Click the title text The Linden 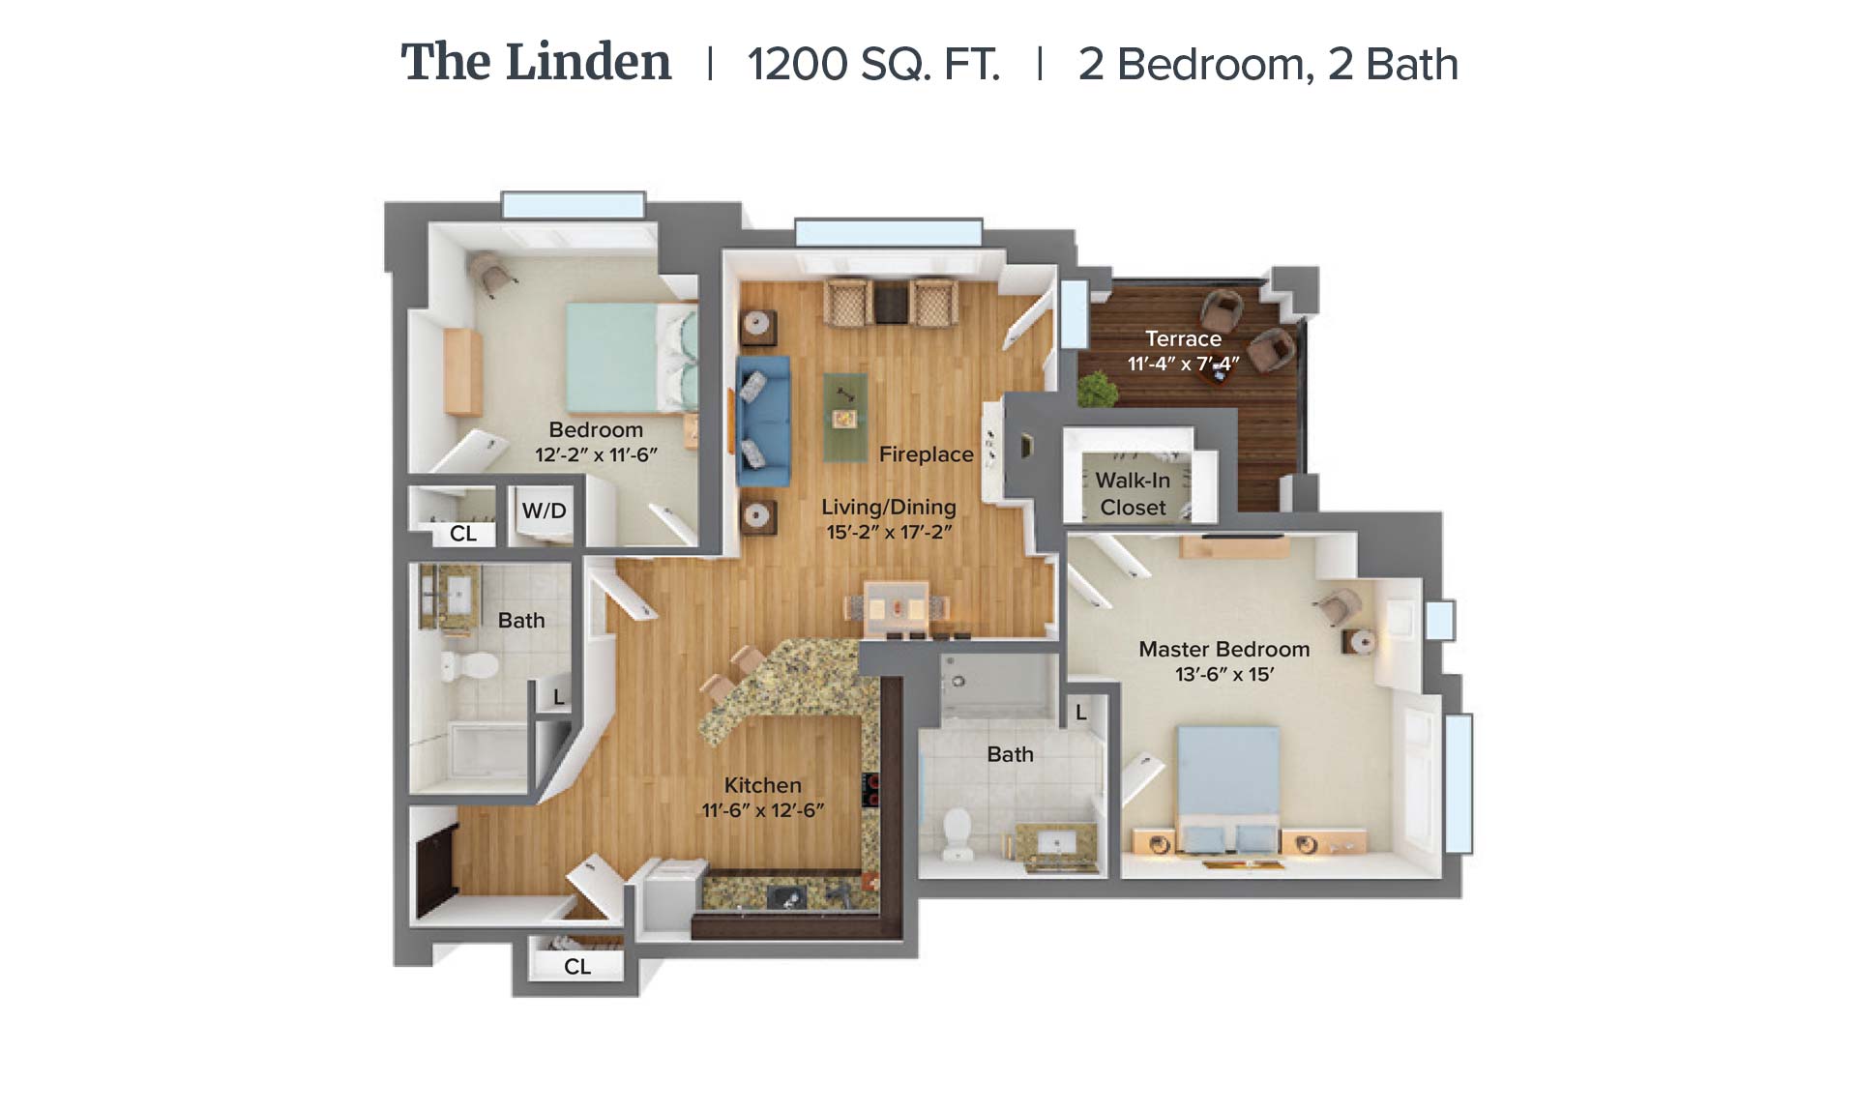tap(536, 63)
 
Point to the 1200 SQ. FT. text tap(873, 65)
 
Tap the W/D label tap(544, 511)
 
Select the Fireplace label tap(926, 454)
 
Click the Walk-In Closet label tap(1133, 493)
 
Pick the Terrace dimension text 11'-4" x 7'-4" tap(1183, 364)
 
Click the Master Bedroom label tap(1223, 649)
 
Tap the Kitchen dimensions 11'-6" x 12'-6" tap(762, 810)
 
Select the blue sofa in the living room tap(763, 422)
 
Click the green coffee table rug tap(844, 418)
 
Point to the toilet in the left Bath tap(469, 665)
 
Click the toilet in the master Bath tap(958, 833)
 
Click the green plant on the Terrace tap(1098, 390)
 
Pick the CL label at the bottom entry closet tap(576, 966)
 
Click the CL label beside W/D tap(462, 533)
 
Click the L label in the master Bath tap(1081, 713)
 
